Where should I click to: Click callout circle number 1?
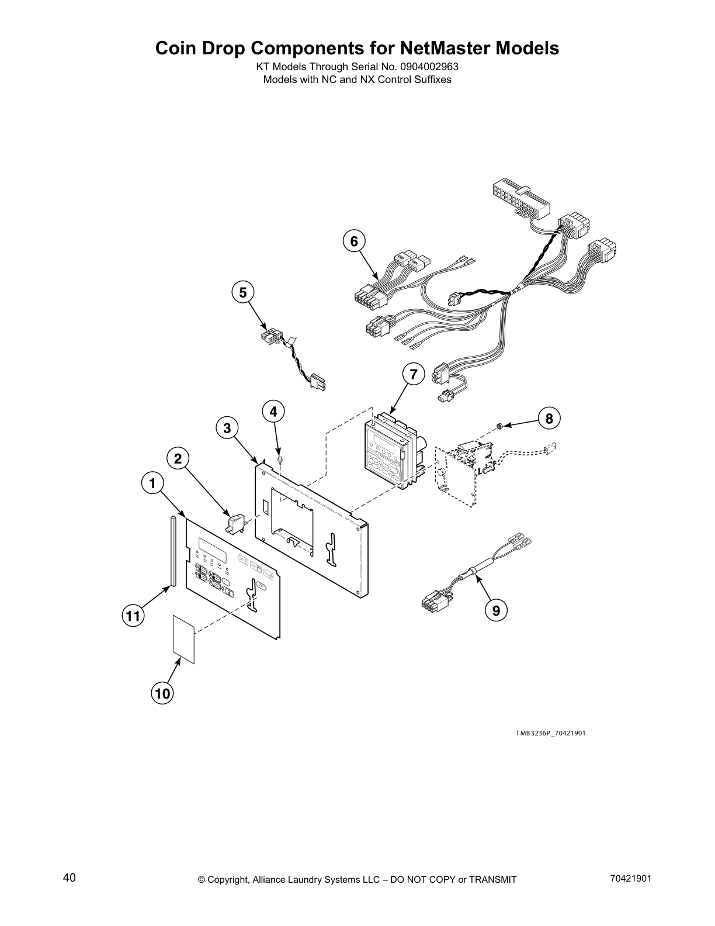(x=152, y=483)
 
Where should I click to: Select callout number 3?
(x=227, y=428)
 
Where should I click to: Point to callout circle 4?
(x=273, y=412)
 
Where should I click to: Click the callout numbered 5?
(x=243, y=292)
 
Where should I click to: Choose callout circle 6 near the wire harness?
(x=353, y=241)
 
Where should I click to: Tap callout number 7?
(x=414, y=374)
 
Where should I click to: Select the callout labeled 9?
(x=496, y=610)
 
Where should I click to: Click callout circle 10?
(x=163, y=693)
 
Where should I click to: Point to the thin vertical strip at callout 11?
(x=173, y=550)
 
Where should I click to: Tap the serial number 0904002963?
(x=429, y=67)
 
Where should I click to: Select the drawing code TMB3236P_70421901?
(x=550, y=732)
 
